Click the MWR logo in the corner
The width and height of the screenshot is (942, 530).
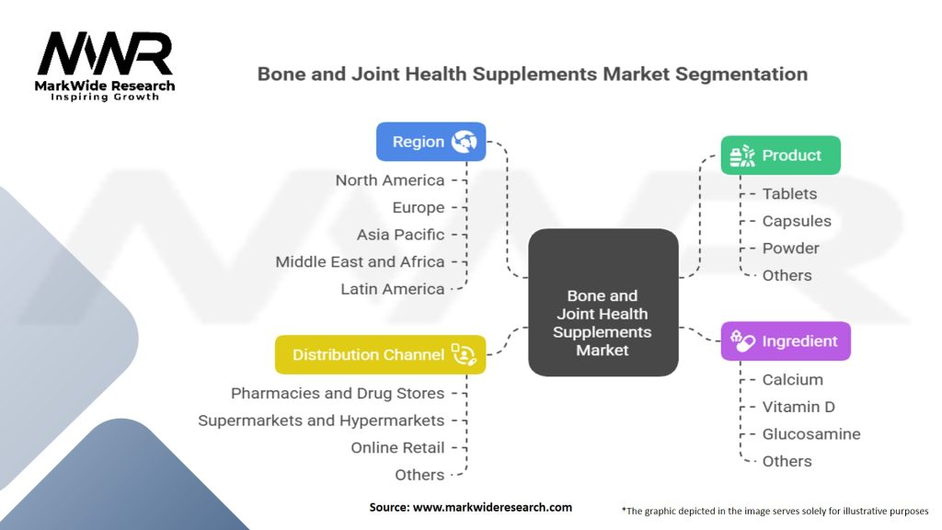point(106,64)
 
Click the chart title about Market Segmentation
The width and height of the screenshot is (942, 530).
point(532,74)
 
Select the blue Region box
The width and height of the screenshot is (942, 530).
point(431,142)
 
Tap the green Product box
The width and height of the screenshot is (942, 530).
point(780,156)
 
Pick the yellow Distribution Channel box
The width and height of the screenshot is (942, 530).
point(380,354)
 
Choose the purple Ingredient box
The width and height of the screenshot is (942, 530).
point(785,341)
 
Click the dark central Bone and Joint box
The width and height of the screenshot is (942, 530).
point(603,302)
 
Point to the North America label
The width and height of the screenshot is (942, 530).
point(389,180)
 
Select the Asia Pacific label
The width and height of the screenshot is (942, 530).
point(400,235)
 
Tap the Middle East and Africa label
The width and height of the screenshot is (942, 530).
point(360,261)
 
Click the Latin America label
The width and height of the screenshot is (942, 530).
point(392,289)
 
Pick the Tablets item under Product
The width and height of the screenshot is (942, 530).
point(789,194)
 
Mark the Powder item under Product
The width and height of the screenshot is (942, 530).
point(790,248)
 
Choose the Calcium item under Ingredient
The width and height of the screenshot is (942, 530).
point(792,379)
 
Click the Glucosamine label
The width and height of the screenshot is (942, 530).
point(811,434)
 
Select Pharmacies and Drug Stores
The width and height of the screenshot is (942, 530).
point(338,393)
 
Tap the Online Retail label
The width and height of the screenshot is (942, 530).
point(397,448)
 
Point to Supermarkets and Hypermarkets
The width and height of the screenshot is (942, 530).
point(321,421)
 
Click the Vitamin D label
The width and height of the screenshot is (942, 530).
point(798,407)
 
